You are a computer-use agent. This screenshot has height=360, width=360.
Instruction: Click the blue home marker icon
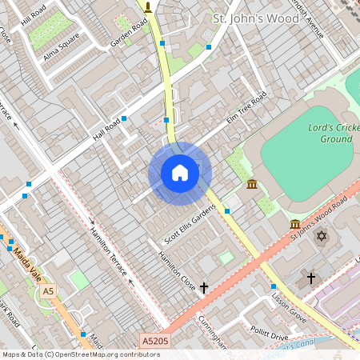pos(180,173)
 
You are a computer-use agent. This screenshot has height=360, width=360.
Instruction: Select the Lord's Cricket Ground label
pos(330,133)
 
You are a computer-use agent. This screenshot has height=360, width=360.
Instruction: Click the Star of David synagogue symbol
pos(322,237)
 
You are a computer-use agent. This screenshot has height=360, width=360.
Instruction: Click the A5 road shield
pos(49,291)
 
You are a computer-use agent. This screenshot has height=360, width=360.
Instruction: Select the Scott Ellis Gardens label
pos(190,225)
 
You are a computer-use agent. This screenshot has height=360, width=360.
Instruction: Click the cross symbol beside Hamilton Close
pos(204,286)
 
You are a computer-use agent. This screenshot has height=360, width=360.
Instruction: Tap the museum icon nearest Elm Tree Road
pos(253,185)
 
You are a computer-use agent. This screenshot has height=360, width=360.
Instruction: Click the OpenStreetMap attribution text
pos(81,354)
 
